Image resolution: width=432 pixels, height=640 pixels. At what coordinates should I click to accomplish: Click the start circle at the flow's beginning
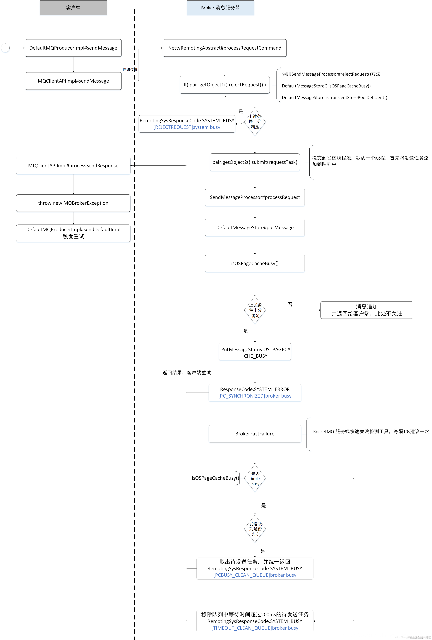pyautogui.click(x=5, y=48)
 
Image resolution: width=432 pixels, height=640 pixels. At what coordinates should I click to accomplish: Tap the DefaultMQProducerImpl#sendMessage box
pyautogui.click(x=73, y=48)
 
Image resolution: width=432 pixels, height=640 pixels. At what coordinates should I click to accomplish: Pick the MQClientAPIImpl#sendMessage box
pyautogui.click(x=73, y=81)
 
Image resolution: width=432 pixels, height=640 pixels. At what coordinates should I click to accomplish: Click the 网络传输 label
pyautogui.click(x=130, y=69)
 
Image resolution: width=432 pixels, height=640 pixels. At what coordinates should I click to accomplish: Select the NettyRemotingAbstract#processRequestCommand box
pyautogui.click(x=225, y=48)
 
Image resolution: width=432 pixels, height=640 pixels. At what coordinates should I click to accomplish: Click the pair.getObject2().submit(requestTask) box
pyautogui.click(x=255, y=162)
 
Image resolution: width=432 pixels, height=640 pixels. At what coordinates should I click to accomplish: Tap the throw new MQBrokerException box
pyautogui.click(x=73, y=203)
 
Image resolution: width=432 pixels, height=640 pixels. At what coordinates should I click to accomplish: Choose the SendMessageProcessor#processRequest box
pyautogui.click(x=255, y=197)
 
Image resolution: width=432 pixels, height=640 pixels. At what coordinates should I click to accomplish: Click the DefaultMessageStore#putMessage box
pyautogui.click(x=255, y=228)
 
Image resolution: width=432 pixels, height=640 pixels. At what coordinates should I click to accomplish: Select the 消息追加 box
pyautogui.click(x=367, y=310)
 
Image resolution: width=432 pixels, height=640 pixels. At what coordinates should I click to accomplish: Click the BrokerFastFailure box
pyautogui.click(x=255, y=434)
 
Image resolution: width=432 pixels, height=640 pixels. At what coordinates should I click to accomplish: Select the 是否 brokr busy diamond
pyautogui.click(x=255, y=478)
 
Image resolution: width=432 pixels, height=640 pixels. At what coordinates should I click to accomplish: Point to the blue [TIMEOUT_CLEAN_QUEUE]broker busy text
pyautogui.click(x=255, y=628)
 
